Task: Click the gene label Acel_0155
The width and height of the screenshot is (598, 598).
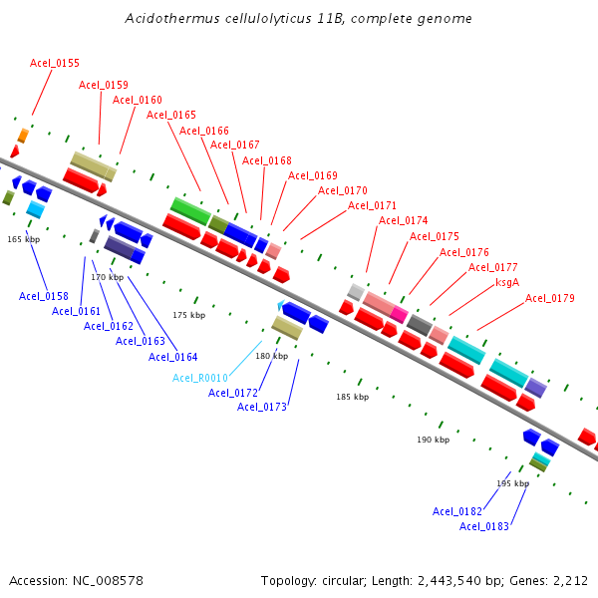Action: click(x=55, y=63)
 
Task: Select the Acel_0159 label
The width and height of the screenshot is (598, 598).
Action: click(x=104, y=85)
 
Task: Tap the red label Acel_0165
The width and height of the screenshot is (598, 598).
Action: click(x=171, y=115)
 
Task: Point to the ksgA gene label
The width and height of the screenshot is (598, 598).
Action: click(x=507, y=282)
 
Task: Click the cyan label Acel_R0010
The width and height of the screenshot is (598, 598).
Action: click(x=200, y=378)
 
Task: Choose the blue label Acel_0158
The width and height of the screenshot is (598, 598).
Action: click(x=44, y=296)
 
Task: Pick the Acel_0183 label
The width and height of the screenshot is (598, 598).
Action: click(x=484, y=526)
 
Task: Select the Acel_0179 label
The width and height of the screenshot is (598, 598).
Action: click(x=550, y=298)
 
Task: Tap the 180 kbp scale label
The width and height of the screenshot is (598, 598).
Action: click(x=271, y=356)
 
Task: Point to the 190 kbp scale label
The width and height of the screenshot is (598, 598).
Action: click(x=433, y=440)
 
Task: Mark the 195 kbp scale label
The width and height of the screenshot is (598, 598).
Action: click(x=512, y=483)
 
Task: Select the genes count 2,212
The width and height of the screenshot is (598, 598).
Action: click(x=570, y=580)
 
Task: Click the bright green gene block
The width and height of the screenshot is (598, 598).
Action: click(x=189, y=209)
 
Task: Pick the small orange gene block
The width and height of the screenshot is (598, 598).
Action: click(x=22, y=135)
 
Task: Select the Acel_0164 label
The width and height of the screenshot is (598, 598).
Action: click(x=173, y=357)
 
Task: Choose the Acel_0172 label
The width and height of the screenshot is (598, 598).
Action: click(x=233, y=393)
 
